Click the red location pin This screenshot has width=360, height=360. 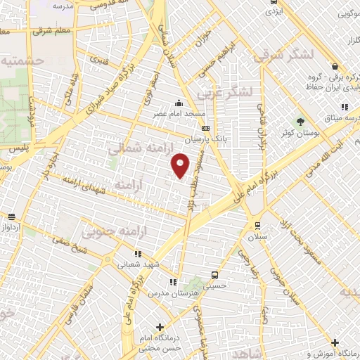click(x=181, y=167)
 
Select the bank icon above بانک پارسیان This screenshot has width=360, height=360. click(x=205, y=128)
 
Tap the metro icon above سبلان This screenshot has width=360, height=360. click(x=257, y=226)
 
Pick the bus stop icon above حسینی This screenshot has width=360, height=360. click(x=214, y=275)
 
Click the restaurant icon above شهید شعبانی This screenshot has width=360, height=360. click(x=138, y=254)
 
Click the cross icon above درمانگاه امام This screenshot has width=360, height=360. click(x=161, y=326)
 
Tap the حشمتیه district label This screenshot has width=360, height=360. click(x=22, y=62)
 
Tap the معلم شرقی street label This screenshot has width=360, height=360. click(x=52, y=31)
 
